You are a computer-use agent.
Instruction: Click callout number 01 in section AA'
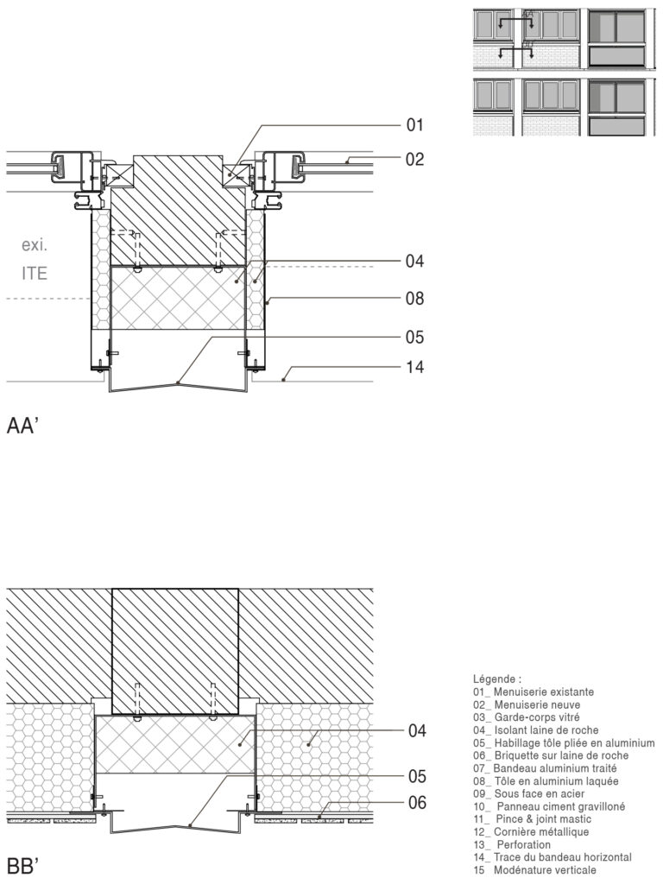coord(415,126)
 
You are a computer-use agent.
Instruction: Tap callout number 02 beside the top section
coord(415,160)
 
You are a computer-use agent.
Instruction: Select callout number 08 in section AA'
coord(415,300)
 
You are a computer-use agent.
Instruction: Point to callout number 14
coord(415,367)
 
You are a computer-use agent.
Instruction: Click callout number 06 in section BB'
coord(417,803)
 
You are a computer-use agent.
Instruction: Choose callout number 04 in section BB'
coord(417,731)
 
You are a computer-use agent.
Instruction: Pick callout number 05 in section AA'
coord(415,338)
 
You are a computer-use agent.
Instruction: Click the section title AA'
coord(25,426)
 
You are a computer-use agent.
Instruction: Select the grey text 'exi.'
coord(35,246)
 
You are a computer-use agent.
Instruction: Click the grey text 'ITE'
coord(35,275)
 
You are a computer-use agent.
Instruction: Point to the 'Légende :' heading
coord(497,679)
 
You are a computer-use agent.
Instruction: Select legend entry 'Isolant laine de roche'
coord(547,730)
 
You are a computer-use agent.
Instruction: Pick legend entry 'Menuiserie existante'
coord(543,692)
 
